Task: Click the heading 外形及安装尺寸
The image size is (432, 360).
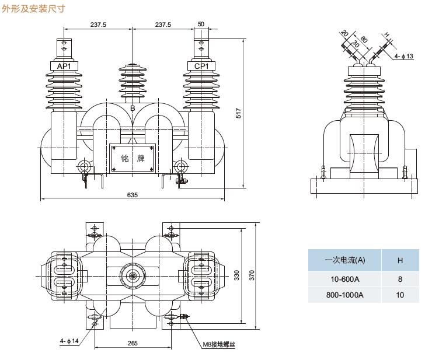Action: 34,9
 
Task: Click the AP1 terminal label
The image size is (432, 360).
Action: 64,67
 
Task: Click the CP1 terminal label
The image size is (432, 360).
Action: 201,67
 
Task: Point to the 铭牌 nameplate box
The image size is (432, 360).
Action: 133,158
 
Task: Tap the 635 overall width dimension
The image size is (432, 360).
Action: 133,195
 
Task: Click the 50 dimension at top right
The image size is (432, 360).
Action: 201,25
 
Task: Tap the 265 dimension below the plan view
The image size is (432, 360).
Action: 133,344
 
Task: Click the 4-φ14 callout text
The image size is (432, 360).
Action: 69,341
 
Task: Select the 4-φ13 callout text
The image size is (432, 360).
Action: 404,56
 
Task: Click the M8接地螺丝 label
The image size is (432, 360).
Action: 220,344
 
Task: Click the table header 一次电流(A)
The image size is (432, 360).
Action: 344,260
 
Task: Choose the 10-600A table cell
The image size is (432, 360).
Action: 344,279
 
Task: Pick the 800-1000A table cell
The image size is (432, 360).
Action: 344,295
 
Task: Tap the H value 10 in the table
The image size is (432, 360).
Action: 400,295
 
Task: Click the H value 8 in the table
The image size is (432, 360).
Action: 400,279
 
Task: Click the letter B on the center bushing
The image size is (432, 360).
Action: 133,109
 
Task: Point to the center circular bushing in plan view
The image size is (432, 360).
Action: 133,275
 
